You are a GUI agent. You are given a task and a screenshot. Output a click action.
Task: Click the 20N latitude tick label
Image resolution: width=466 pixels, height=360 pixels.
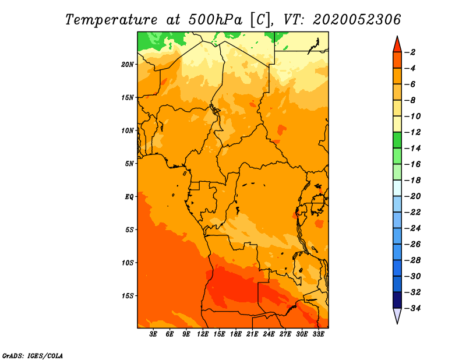pos(128,64)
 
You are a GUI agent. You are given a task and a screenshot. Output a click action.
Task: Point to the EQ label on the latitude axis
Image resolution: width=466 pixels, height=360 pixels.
pos(129,196)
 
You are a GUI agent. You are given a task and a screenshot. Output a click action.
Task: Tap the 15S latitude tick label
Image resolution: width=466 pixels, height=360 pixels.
pos(128,296)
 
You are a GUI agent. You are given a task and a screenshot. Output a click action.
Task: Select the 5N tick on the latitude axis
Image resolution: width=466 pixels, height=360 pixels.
pos(129,164)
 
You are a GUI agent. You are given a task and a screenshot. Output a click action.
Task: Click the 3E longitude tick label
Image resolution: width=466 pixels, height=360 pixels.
pos(153,334)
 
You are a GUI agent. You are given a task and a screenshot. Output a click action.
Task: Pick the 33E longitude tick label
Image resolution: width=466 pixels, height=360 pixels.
pos(318,334)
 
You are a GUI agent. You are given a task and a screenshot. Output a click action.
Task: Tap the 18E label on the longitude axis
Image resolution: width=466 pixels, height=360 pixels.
pos(236,334)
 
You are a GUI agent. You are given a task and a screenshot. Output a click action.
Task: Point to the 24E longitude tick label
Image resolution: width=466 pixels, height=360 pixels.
pos(269,334)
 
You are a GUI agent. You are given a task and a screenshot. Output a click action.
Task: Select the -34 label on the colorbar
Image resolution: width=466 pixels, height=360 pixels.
pos(413,308)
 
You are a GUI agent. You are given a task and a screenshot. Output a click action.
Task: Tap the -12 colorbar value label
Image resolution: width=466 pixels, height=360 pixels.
pos(413,132)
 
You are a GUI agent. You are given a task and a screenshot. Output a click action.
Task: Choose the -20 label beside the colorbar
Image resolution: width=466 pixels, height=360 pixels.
pos(413,196)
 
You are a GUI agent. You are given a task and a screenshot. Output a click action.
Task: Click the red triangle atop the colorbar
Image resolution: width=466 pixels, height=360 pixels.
pos(397,45)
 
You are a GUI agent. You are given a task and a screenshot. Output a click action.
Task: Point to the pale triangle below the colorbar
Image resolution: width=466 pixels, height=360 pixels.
pos(397,315)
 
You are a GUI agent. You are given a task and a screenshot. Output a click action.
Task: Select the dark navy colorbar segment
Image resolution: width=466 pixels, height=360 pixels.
pos(397,300)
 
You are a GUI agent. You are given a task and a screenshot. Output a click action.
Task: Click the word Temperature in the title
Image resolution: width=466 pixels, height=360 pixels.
pos(111,20)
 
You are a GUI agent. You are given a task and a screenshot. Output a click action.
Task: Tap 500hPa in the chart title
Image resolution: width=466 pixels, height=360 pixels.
pos(215,20)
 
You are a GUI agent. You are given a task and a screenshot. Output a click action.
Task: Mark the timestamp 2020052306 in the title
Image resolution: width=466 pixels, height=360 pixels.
pos(357,20)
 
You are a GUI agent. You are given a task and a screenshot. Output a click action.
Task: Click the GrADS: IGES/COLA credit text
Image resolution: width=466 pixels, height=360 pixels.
pos(33,355)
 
